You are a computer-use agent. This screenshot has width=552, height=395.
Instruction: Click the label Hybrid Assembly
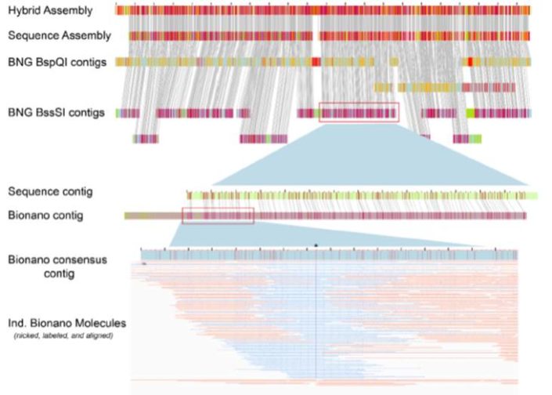49,12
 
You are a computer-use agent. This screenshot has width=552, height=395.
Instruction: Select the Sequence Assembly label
59,36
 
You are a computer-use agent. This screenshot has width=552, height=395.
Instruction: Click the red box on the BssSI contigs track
359,112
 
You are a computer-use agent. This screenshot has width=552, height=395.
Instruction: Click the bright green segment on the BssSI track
471,114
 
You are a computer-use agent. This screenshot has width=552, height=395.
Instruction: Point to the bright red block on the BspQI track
316,62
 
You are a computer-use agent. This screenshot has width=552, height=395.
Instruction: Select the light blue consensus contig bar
329,255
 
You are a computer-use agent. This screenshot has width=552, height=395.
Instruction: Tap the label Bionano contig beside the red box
46,215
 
